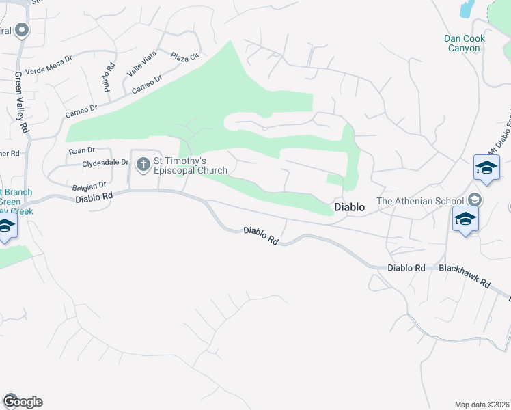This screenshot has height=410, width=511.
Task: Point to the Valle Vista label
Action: (x=142, y=63)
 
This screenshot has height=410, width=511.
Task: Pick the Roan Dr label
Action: (x=81, y=150)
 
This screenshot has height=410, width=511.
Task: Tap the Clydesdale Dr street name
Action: (x=105, y=163)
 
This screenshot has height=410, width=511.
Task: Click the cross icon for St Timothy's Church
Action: (x=143, y=164)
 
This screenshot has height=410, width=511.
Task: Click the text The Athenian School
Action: (x=420, y=201)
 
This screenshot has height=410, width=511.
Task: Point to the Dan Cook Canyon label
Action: (x=465, y=43)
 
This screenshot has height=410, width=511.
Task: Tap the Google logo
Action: (x=23, y=402)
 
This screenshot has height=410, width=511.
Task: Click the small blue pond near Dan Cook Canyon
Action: (x=467, y=8)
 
